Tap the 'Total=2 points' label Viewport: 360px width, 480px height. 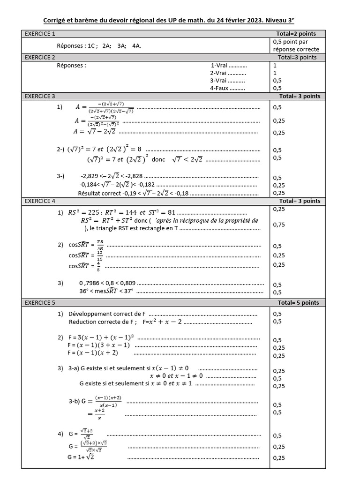click(296, 34)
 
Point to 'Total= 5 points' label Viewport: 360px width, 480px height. click(298, 303)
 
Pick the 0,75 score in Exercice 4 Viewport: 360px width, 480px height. click(278, 225)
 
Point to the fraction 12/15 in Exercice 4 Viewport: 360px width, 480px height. click(99, 255)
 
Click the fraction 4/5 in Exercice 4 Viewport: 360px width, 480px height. click(98, 266)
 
